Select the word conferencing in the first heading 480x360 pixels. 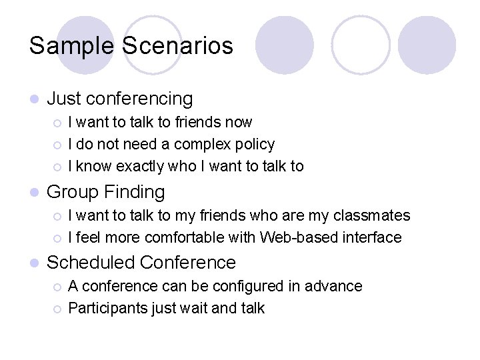point(139,99)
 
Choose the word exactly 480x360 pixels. point(147,166)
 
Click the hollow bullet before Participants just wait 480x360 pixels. point(57,309)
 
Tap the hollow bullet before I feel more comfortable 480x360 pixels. point(57,238)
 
